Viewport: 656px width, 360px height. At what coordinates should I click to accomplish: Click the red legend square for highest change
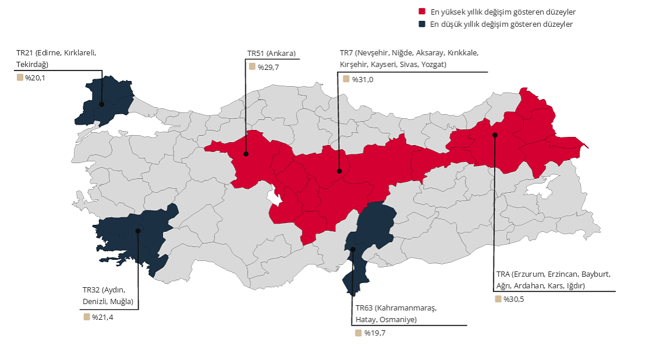pos(422,12)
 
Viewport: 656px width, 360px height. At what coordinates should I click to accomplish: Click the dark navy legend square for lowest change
pos(422,24)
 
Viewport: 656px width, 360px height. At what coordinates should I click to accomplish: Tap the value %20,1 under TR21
pos(35,77)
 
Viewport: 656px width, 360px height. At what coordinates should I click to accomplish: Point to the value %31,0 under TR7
pos(362,79)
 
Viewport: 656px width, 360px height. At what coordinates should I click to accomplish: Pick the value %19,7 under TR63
pos(375,333)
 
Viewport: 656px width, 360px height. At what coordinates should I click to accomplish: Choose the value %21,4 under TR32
pos(102,317)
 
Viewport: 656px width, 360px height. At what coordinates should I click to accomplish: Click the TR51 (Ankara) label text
pos(271,54)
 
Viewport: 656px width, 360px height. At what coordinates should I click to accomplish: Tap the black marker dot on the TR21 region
pos(101,104)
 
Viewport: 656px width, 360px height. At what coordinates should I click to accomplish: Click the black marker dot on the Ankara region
pos(246,154)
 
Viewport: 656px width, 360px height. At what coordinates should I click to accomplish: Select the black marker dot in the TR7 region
pos(339,171)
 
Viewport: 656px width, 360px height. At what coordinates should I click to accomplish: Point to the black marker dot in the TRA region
pos(495,135)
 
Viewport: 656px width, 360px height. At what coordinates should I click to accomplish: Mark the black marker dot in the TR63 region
pos(353,249)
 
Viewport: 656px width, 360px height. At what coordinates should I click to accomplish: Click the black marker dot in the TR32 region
pos(138,231)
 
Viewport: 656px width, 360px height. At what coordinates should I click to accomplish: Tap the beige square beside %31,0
pos(346,79)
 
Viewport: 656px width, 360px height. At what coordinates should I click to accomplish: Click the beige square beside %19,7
pos(358,333)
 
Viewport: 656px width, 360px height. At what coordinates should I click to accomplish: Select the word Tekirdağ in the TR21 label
pos(32,64)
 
